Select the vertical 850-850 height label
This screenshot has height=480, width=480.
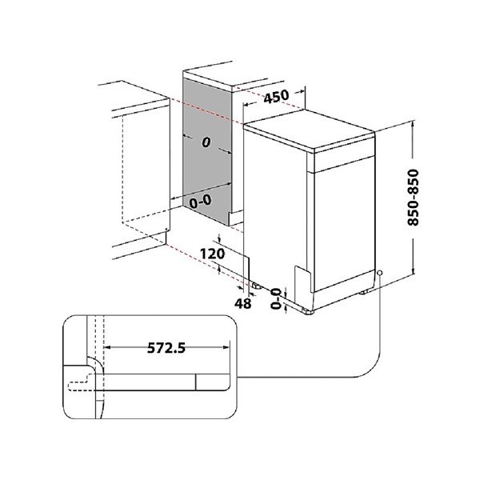coord(413,197)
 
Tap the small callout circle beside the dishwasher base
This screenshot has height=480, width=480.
coord(379,273)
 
